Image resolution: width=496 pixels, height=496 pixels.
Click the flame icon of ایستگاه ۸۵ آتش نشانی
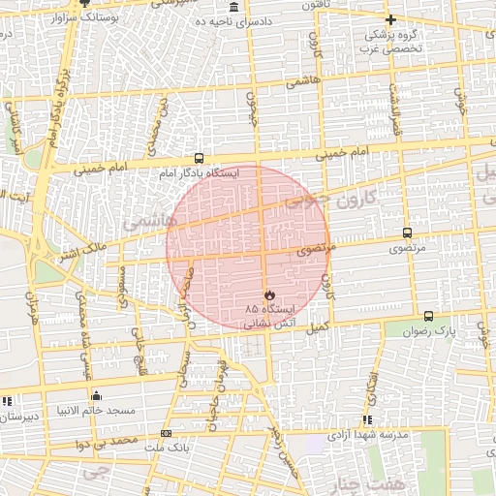[269, 294]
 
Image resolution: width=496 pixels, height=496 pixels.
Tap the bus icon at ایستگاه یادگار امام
[199, 158]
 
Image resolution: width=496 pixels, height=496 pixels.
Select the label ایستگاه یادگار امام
[200, 173]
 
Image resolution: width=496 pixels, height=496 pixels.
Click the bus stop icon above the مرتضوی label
[406, 233]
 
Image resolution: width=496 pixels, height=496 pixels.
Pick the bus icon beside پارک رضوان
[429, 316]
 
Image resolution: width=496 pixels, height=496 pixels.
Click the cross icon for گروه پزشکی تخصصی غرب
[390, 19]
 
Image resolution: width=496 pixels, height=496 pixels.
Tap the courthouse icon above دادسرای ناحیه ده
[233, 7]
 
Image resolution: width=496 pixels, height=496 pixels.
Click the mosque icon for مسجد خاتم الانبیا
[96, 395]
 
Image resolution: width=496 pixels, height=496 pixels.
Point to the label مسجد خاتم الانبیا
[97, 411]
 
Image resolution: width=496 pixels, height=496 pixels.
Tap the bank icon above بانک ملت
[167, 433]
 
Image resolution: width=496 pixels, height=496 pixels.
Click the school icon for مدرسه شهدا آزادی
[367, 419]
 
